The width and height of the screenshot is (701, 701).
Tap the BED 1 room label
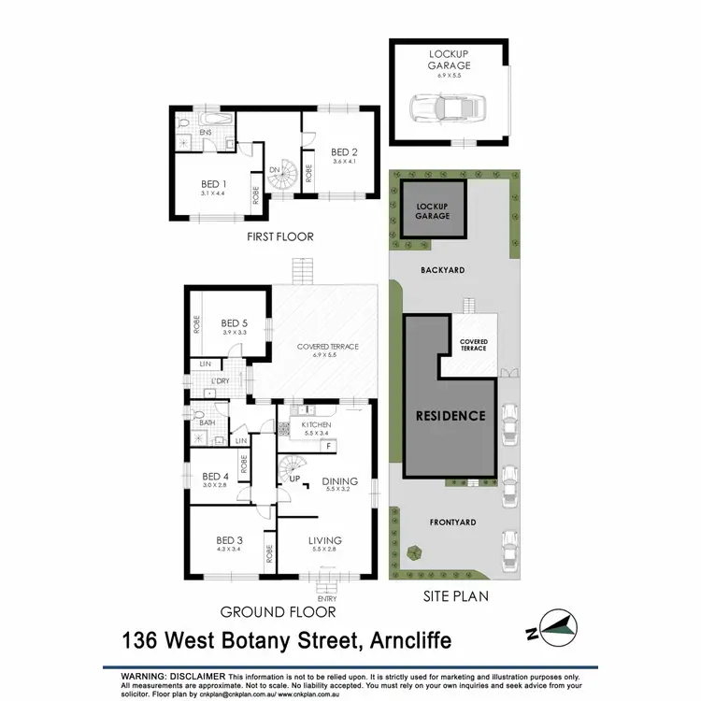click(x=215, y=183)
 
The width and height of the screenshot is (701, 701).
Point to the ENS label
click(x=206, y=134)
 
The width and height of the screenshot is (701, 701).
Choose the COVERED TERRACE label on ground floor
click(x=327, y=347)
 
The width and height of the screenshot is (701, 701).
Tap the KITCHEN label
click(x=317, y=424)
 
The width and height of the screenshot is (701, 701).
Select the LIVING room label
click(x=326, y=540)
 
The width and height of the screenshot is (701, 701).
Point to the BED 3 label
click(x=229, y=540)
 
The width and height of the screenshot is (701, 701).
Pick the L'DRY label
click(x=221, y=381)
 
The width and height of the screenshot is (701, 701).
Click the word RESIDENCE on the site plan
click(x=451, y=416)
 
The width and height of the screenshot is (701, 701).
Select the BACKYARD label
click(x=443, y=269)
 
